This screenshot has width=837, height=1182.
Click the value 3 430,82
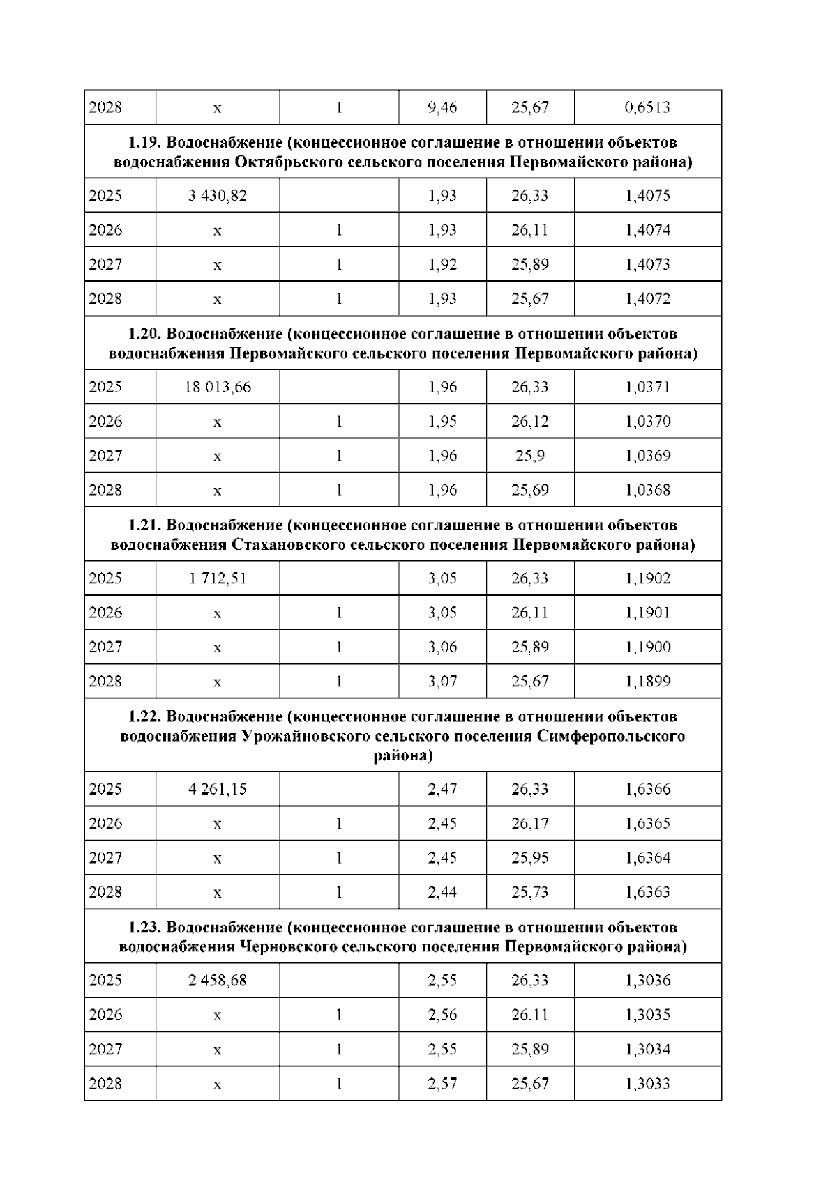[x=218, y=196]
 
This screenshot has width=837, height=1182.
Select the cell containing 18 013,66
[x=218, y=387]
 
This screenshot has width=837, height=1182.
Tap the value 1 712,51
[x=218, y=578]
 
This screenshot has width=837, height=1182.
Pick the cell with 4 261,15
[x=218, y=789]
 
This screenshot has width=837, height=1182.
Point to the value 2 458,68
[x=218, y=981]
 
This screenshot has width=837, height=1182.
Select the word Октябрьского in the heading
[x=288, y=162]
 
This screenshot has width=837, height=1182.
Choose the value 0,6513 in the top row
[x=648, y=107]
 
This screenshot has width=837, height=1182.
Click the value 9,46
[x=442, y=107]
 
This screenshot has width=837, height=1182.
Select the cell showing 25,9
[x=530, y=456]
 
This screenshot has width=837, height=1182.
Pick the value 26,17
[x=530, y=824]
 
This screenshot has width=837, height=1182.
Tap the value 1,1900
[x=648, y=647]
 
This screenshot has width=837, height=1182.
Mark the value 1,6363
[x=648, y=893]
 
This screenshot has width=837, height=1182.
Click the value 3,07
[x=442, y=682]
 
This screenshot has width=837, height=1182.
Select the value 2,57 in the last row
[x=442, y=1084]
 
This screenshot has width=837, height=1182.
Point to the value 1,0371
[x=648, y=387]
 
